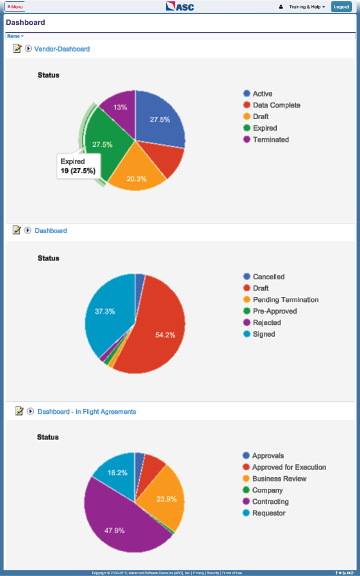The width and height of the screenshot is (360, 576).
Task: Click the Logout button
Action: coord(341,7)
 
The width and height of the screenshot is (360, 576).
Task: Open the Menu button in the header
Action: coord(15,7)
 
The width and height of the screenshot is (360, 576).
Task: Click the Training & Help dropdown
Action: coord(307,7)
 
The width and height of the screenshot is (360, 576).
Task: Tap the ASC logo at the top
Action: coord(180,6)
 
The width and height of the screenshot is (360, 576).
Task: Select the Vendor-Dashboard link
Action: coord(62,49)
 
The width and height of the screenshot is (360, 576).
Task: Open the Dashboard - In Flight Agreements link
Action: coord(87,412)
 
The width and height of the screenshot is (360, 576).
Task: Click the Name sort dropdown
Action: coord(15,36)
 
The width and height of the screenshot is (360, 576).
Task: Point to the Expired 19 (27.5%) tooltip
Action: coord(78,166)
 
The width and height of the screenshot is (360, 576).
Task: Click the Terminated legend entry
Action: coord(270,139)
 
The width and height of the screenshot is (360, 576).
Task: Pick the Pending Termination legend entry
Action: coord(285,300)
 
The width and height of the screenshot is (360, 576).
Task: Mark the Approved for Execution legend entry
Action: coord(289,467)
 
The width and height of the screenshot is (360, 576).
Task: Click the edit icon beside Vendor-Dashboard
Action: coord(17,48)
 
